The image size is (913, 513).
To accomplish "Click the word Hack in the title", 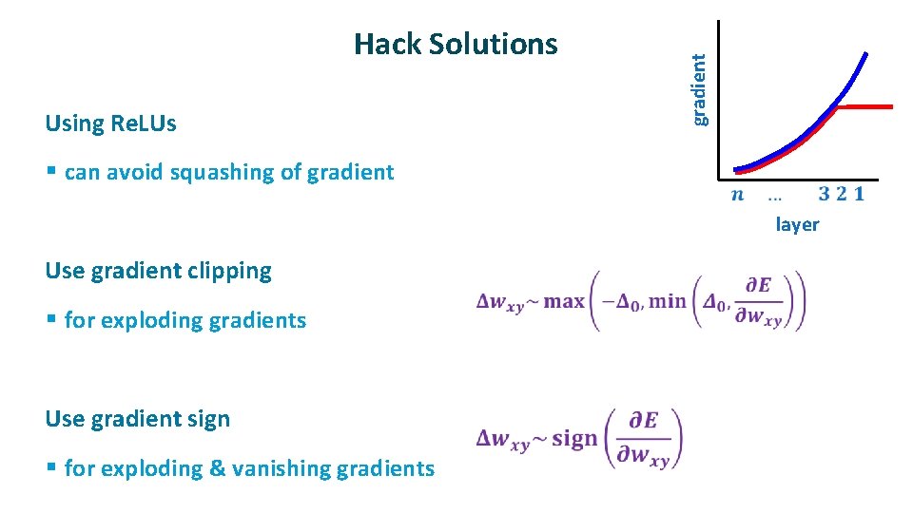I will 387,44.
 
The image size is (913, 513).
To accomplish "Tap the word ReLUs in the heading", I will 144,123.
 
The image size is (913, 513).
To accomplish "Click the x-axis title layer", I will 797,225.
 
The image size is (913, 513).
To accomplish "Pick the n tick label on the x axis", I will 737,195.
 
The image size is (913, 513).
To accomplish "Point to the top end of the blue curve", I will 865,53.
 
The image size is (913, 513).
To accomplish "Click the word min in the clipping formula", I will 667,302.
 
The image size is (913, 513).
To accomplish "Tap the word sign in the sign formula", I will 574,439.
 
